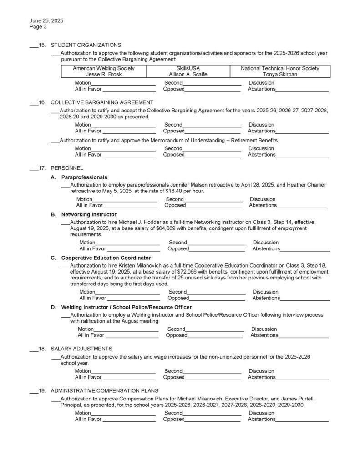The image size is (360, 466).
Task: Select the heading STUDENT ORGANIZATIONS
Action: point(86,45)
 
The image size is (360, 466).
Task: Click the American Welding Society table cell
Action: point(104,71)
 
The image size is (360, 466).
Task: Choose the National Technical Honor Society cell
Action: point(280,71)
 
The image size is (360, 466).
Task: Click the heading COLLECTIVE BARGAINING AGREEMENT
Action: point(101,102)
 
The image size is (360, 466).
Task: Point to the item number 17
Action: point(42,168)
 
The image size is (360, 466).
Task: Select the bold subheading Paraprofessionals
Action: point(84,177)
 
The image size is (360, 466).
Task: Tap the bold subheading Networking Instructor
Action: point(89,214)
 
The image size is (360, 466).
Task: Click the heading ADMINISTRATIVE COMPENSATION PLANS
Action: point(104,390)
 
